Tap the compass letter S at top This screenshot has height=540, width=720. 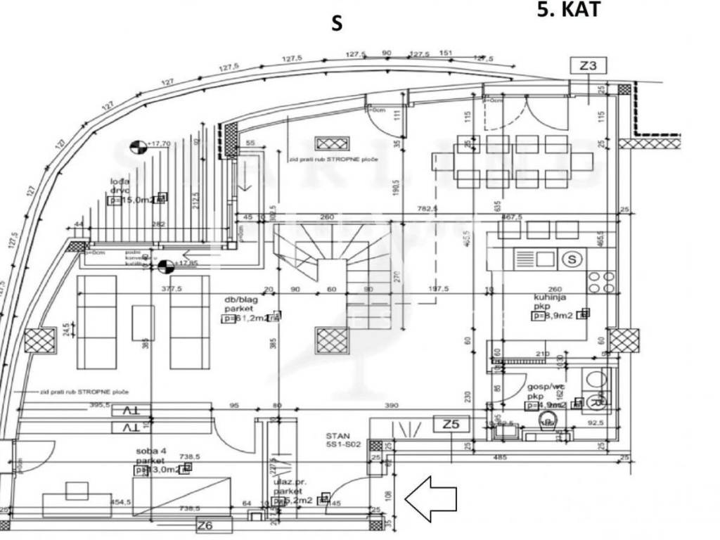pos(337,23)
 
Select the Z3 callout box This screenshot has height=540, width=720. pos(588,67)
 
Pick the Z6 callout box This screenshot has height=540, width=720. pos(204,525)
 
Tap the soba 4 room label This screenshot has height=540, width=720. pos(151,450)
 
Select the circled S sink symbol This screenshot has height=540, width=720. pos(573,259)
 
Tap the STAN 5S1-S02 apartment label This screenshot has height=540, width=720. pos(342,440)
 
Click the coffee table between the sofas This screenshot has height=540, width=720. pos(143,323)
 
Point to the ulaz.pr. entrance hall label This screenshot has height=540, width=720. pos(289,487)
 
